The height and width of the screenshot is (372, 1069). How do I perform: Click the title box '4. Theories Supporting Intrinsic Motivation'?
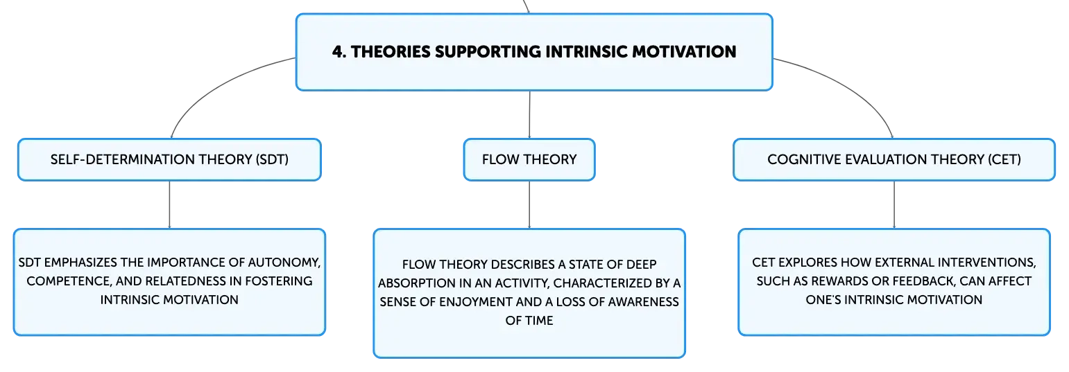pos(534,52)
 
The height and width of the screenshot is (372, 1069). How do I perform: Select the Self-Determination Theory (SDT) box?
pos(169,159)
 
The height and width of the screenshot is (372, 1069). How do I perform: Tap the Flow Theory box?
pos(529,159)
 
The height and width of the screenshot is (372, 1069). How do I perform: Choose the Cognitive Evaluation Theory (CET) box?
pos(894,159)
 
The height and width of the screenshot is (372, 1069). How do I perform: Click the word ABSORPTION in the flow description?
pos(417,283)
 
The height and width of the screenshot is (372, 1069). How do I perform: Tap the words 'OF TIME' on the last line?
pos(529,321)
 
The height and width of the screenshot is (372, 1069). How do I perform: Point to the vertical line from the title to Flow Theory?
pos(529,114)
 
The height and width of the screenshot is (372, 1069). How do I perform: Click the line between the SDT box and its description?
pos(169,205)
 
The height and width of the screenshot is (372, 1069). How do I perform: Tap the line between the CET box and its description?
pos(894,205)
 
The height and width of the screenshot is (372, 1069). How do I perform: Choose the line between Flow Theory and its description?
pos(529,205)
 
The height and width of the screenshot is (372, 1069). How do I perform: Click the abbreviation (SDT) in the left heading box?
pos(272,159)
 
